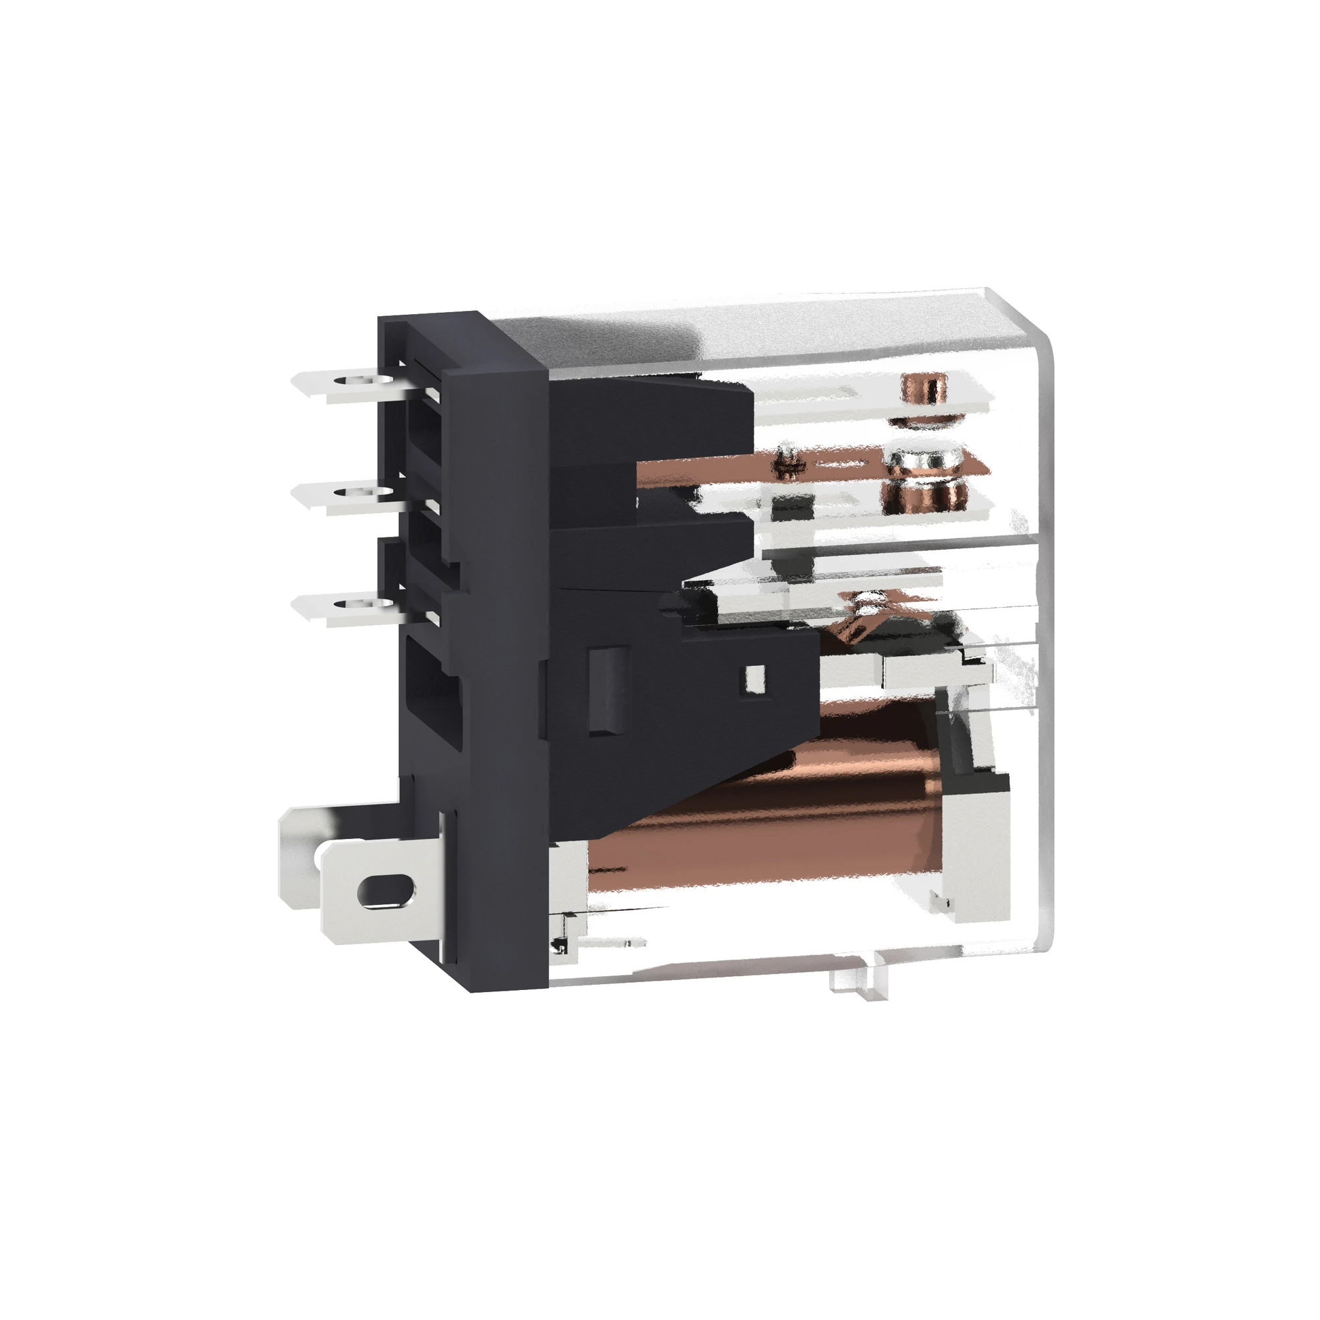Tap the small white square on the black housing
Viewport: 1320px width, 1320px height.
coord(755,678)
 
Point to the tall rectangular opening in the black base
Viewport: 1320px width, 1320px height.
coord(434,691)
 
